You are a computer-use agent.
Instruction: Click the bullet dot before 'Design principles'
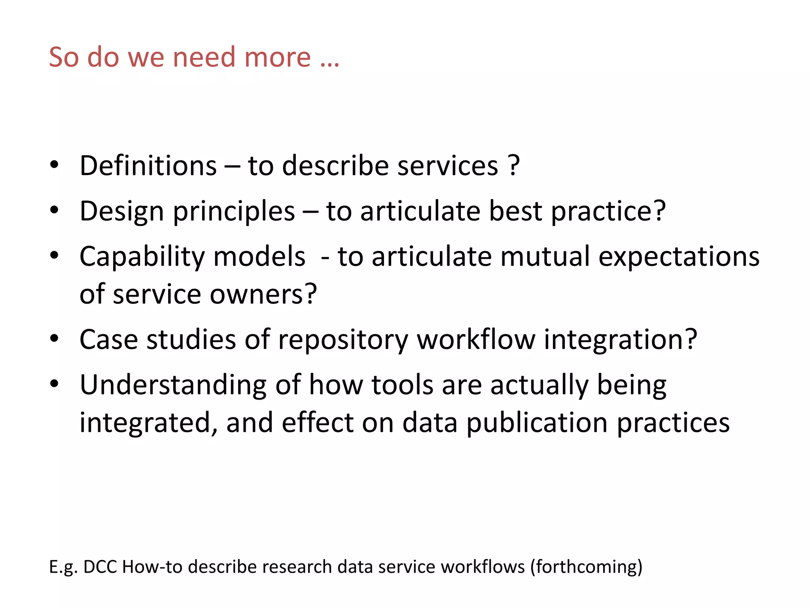point(55,210)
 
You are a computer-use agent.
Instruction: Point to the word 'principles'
point(234,211)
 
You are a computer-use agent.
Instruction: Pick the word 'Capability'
point(142,257)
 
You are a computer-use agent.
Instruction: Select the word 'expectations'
point(679,257)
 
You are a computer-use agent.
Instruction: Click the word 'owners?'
point(263,294)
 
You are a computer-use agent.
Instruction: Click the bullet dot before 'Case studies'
point(55,338)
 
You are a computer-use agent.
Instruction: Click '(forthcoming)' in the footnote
point(586,567)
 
